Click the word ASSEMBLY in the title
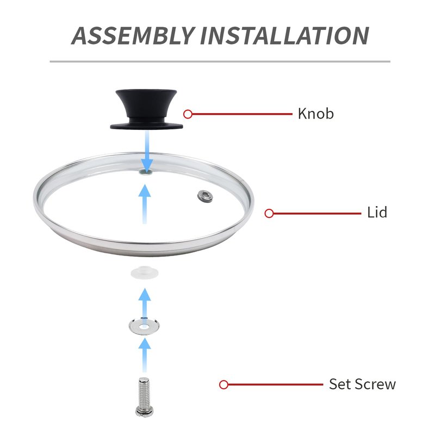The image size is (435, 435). point(133,35)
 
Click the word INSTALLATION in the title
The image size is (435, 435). point(284,35)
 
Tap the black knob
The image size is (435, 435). point(146,109)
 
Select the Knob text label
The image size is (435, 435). point(316,114)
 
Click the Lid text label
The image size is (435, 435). point(377,213)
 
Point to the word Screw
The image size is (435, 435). point(375,384)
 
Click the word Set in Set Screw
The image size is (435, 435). point(340,384)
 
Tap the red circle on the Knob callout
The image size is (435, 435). point(188,114)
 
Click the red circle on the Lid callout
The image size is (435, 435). point(269,213)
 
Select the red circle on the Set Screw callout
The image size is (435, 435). point(223,385)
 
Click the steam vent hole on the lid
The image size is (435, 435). point(206,196)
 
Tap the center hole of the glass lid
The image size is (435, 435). point(146,172)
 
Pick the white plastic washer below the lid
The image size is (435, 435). point(145,272)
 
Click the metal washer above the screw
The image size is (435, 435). point(144,326)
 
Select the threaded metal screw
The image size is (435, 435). point(144,397)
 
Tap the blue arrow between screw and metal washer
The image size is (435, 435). point(145,355)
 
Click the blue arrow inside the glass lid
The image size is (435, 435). point(145,204)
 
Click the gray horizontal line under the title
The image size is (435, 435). point(220,61)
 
